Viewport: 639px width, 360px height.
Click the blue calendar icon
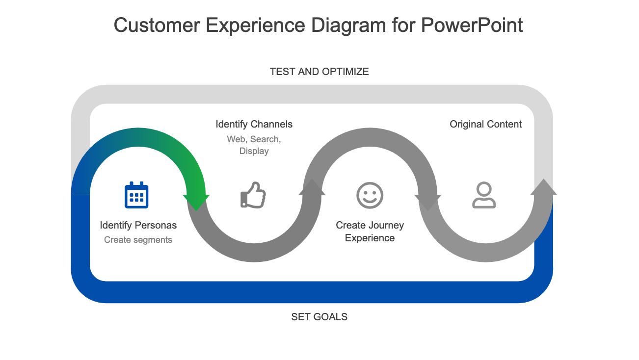(136, 195)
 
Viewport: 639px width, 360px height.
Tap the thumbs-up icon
(253, 195)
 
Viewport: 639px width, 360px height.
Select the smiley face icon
(370, 195)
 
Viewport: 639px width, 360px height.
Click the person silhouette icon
(484, 195)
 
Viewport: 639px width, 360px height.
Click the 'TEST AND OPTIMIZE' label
(319, 72)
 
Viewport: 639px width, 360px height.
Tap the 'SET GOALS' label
(319, 317)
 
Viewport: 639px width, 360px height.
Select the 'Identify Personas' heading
(138, 225)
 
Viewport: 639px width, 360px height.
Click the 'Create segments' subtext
(138, 240)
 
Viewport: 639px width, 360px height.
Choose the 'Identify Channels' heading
(254, 124)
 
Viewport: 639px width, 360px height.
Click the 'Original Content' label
(485, 124)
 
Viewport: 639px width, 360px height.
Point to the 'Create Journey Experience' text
(370, 231)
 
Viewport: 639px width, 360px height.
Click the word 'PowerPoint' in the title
(472, 25)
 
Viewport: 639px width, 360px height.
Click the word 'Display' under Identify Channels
(254, 151)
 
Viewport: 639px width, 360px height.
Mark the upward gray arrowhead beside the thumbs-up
(312, 187)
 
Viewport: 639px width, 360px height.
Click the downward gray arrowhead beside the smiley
(427, 202)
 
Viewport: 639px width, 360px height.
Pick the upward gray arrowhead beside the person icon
(544, 187)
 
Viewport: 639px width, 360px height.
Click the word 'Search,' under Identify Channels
(265, 139)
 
